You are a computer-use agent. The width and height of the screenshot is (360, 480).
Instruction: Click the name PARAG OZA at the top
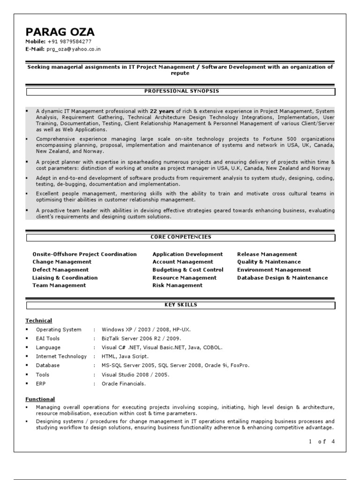click(60, 32)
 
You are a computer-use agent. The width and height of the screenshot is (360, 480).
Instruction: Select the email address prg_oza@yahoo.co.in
click(74, 49)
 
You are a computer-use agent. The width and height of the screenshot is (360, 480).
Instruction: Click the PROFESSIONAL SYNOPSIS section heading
click(180, 91)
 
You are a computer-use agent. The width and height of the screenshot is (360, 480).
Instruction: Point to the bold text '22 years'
click(163, 111)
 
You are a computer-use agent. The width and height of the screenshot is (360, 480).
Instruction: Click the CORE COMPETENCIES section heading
click(180, 237)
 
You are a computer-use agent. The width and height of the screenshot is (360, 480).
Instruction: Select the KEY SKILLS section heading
click(180, 305)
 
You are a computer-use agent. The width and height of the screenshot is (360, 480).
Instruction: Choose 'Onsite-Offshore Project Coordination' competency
click(84, 254)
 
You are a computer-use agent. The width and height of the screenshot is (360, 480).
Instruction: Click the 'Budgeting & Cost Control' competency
click(187, 270)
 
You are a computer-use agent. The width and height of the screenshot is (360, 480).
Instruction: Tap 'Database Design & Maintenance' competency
click(282, 278)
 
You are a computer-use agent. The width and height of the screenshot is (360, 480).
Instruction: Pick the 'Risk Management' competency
click(177, 285)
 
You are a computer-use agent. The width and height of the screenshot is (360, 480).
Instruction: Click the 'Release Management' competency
click(267, 254)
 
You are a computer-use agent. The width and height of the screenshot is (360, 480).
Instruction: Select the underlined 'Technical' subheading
click(38, 321)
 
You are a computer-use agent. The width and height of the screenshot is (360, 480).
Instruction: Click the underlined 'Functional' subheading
click(40, 399)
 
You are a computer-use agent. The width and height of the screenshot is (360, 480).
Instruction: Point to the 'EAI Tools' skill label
click(48, 338)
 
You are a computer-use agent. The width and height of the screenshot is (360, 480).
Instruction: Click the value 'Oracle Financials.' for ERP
click(123, 383)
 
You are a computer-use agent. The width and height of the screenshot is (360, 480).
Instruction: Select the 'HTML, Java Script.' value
click(125, 356)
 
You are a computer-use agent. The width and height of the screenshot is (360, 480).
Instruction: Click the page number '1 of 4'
click(322, 442)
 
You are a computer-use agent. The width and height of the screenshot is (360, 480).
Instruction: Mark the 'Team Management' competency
click(59, 285)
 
